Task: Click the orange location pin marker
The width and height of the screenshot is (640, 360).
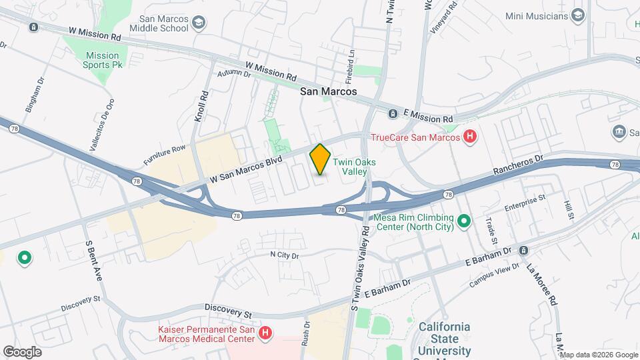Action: click(x=320, y=159)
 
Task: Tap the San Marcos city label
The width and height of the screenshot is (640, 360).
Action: click(x=328, y=92)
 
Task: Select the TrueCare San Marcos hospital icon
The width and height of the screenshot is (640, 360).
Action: click(x=470, y=137)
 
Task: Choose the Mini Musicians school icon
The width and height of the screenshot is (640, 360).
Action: click(x=578, y=15)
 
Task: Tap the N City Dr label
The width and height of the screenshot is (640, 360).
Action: click(x=285, y=255)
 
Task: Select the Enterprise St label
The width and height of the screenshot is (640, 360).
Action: click(x=525, y=201)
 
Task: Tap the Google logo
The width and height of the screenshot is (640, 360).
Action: click(x=22, y=351)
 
